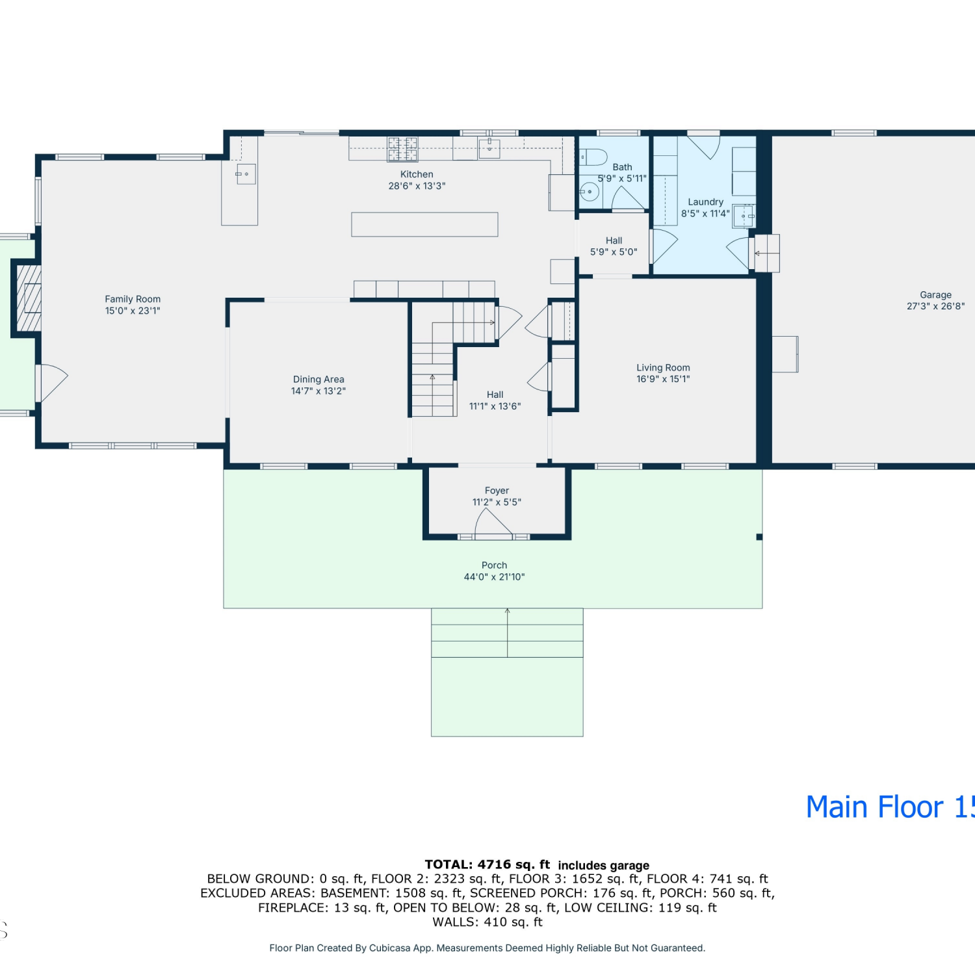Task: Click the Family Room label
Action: coord(133,299)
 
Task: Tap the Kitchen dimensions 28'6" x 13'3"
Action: coord(417,186)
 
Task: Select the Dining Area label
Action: coord(318,380)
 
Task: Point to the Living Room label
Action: coord(663,368)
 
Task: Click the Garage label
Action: coord(935,295)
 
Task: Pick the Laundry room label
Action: coord(705,202)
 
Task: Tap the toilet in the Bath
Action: coord(592,157)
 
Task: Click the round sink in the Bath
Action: coord(590,192)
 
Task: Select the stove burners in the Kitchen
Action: coord(402,149)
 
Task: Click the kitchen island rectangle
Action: coord(424,224)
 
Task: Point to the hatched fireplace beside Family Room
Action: coord(28,298)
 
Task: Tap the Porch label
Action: coord(494,565)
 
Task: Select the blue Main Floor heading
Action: coord(890,807)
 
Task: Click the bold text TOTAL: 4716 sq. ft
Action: coord(487,864)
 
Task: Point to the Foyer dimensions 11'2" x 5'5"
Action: coord(497,502)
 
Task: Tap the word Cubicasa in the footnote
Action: coord(390,948)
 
